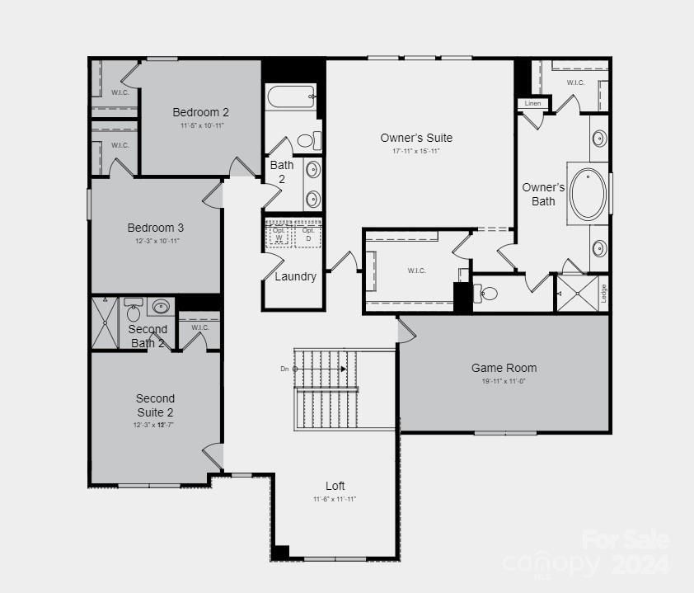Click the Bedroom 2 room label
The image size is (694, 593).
200,112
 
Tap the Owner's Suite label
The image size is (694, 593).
416,138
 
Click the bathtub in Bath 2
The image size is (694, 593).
291,96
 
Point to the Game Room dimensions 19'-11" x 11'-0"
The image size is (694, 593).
504,381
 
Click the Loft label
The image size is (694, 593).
335,486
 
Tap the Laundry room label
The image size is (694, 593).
295,276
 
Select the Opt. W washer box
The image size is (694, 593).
279,234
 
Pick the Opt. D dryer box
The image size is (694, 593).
308,234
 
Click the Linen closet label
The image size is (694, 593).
532,103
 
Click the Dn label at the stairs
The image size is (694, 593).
284,369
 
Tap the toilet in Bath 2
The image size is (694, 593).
307,140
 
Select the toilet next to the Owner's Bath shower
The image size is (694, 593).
489,293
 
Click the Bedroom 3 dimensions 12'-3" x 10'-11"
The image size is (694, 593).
157,241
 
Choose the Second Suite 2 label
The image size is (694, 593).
155,405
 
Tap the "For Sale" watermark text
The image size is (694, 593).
626,540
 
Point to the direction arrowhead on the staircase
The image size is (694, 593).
343,369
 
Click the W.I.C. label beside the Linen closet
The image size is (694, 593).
575,82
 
